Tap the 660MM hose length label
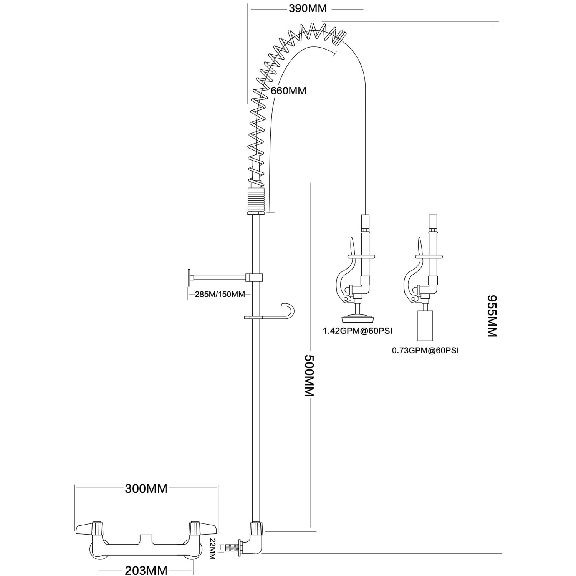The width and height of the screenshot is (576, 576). (x=288, y=91)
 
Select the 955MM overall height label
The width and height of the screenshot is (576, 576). (x=492, y=316)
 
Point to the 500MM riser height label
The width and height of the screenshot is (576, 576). (x=310, y=376)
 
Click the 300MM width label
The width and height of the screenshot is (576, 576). (x=146, y=488)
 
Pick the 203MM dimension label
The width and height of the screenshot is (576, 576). (x=146, y=571)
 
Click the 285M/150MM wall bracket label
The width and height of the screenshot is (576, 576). (x=220, y=295)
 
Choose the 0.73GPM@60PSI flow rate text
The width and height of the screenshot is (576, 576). (x=425, y=350)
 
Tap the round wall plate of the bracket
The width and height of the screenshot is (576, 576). (x=189, y=277)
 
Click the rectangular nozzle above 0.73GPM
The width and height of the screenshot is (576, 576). (x=425, y=326)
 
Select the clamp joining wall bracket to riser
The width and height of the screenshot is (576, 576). (x=255, y=277)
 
